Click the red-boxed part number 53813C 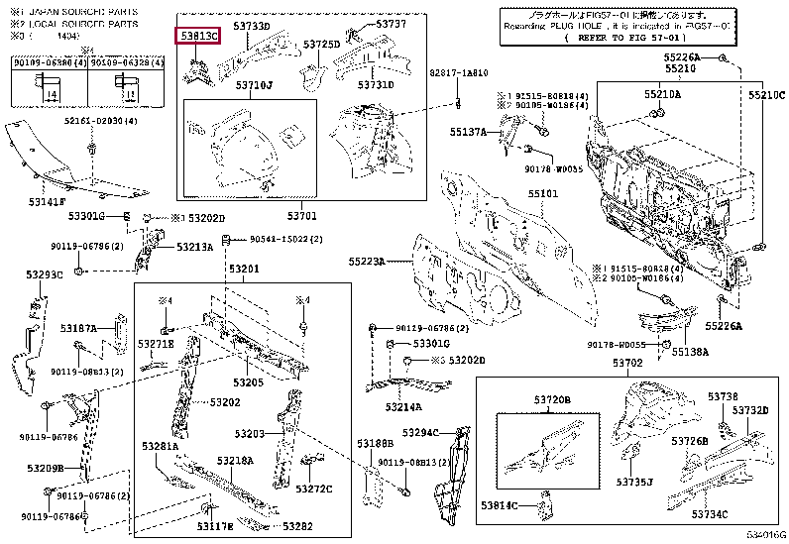point(200,36)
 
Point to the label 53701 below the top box point(301,215)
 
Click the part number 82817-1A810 point(458,74)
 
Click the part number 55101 point(542,195)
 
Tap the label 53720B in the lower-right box point(553,399)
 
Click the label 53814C point(501,506)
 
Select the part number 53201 point(244,270)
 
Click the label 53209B point(47,468)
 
